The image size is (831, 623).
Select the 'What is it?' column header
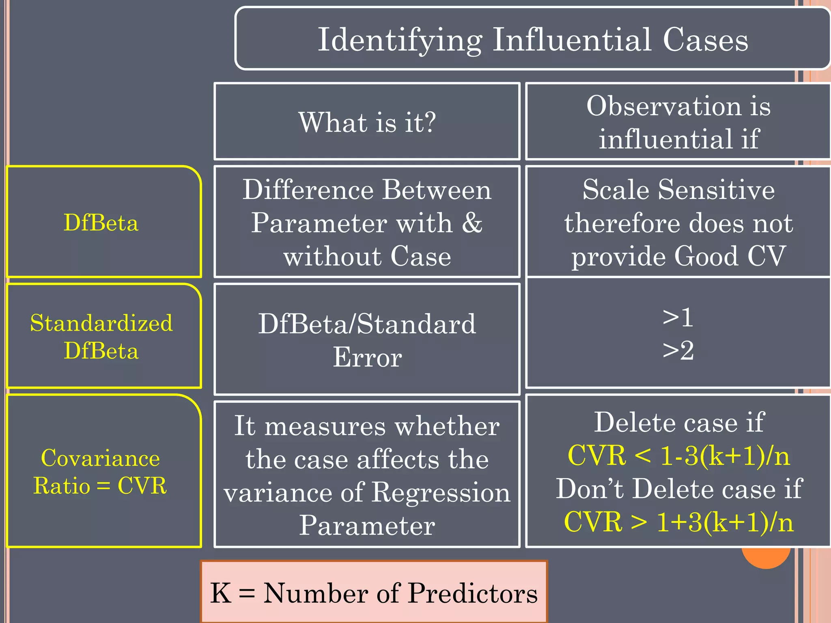click(x=367, y=122)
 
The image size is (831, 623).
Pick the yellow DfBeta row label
click(x=101, y=223)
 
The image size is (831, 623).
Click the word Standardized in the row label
click(x=101, y=323)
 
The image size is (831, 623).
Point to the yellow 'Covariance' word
click(x=101, y=458)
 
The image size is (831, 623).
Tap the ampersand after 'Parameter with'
click(x=472, y=223)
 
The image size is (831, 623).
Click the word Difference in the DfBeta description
click(x=308, y=189)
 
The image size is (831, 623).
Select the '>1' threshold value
click(x=678, y=317)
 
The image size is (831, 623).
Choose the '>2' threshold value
click(x=678, y=350)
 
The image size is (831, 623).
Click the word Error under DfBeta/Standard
click(x=367, y=358)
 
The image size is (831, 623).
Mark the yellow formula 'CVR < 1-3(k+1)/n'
click(x=678, y=455)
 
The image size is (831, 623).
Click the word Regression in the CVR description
click(x=441, y=492)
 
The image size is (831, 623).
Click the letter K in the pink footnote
click(x=221, y=593)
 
